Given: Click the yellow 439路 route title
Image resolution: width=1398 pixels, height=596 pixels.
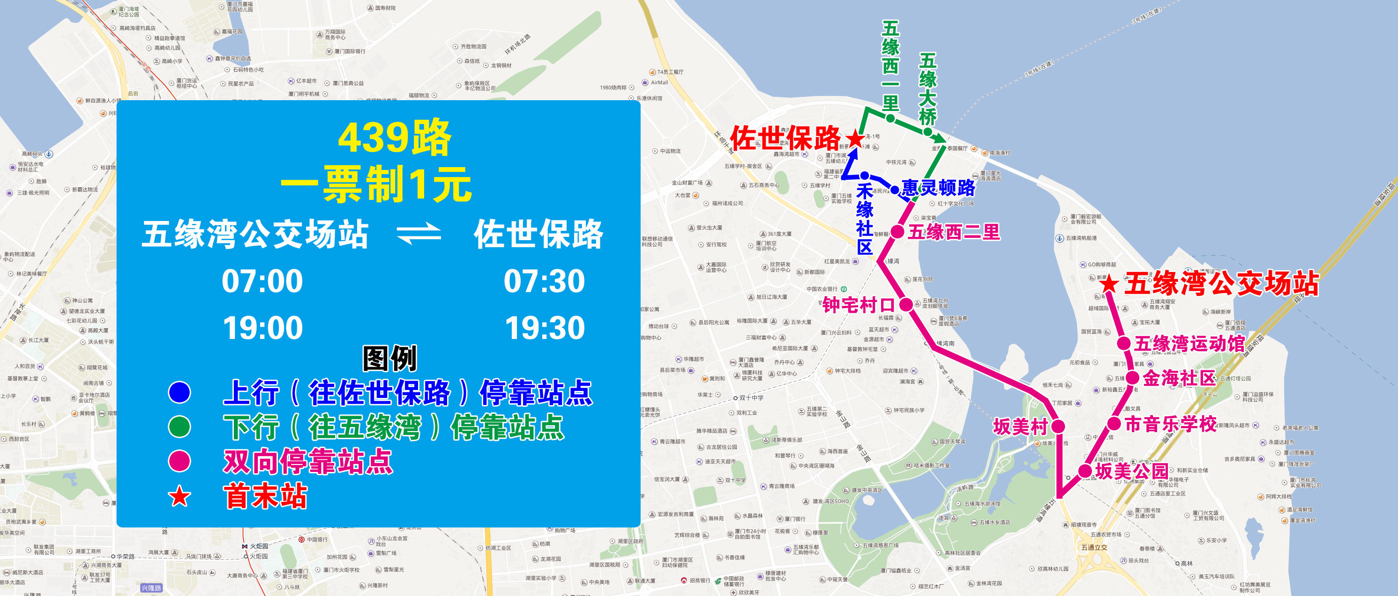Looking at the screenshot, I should tap(395, 138).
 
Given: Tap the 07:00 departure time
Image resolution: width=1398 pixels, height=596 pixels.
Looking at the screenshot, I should tap(262, 281).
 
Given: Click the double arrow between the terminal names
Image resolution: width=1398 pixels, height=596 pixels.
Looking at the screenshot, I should tap(419, 234).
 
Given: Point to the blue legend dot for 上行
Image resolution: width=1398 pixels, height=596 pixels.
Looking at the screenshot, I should tap(179, 392).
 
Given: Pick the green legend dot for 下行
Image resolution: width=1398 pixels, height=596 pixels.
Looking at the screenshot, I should tap(179, 427).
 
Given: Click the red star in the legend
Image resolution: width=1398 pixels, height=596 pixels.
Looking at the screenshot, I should tap(179, 496).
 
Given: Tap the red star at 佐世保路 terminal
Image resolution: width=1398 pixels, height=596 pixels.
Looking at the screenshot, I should tap(855, 138).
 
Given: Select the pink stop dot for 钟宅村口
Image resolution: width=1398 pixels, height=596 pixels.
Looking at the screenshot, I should tap(906, 304).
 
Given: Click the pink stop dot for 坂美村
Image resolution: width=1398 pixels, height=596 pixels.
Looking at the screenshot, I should tap(1058, 426).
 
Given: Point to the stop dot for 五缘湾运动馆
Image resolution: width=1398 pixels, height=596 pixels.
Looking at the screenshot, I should tap(1123, 343).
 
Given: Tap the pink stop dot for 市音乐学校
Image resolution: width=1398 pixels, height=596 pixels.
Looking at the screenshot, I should tap(1114, 424).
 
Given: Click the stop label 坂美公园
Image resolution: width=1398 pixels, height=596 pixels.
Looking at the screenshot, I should tap(1131, 471).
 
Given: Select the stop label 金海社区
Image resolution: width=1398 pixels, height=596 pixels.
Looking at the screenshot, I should tap(1179, 378).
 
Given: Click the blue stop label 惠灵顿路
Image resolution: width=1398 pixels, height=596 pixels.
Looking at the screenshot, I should tap(938, 188).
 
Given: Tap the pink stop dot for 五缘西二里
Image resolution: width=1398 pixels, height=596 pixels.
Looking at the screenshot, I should tap(897, 232).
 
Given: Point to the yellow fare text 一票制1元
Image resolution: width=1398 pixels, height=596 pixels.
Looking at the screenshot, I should tap(376, 184).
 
